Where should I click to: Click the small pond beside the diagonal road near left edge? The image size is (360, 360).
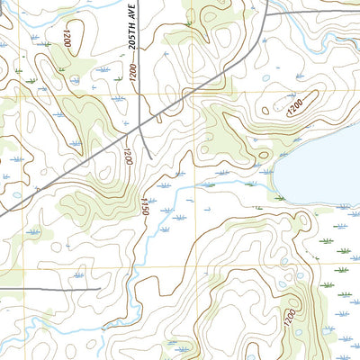(x=17, y=194)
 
